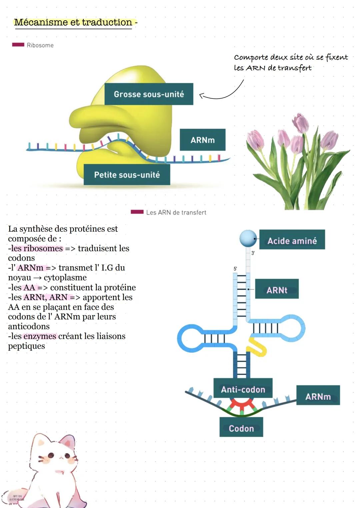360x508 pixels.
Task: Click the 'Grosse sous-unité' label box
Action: point(149,94)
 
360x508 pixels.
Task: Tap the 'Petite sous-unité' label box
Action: point(127,175)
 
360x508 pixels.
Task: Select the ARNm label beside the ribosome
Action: point(202,140)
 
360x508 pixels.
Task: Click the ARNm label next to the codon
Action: point(318,396)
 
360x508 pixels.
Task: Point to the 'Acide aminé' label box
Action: point(292,241)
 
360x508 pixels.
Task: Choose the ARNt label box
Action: point(277,290)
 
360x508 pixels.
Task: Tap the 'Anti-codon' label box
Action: point(243,389)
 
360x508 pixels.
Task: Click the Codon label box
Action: point(241,428)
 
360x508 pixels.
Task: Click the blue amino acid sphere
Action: point(248,238)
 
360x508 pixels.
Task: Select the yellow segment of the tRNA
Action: point(257,346)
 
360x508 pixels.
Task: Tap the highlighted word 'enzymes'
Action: point(40,336)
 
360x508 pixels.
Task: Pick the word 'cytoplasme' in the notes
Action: point(65,277)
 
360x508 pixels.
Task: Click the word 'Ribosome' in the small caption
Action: point(40,45)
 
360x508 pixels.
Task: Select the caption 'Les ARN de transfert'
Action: point(176,213)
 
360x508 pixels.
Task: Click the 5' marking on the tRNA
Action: point(235,268)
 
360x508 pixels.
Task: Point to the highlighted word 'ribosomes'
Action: point(43,249)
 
